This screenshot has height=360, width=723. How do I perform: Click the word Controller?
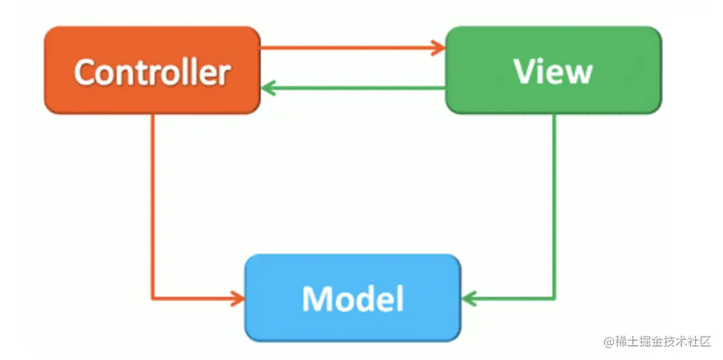[x=152, y=71]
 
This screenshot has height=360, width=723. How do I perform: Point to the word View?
[x=553, y=71]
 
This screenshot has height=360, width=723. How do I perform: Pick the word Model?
[x=353, y=298]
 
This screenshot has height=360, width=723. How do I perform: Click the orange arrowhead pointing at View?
[x=438, y=48]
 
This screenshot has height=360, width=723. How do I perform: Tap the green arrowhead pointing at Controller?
[x=268, y=87]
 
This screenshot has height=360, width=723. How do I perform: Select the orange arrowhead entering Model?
[x=237, y=298]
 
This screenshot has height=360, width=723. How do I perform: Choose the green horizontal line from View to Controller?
[x=356, y=87]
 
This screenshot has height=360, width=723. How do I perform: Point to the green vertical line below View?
[x=554, y=201]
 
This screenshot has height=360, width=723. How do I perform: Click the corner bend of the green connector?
[x=554, y=298]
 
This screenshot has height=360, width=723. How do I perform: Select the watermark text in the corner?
[x=656, y=342]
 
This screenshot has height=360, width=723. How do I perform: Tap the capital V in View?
[x=524, y=71]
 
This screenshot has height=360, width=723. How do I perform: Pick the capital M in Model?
[x=316, y=299]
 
